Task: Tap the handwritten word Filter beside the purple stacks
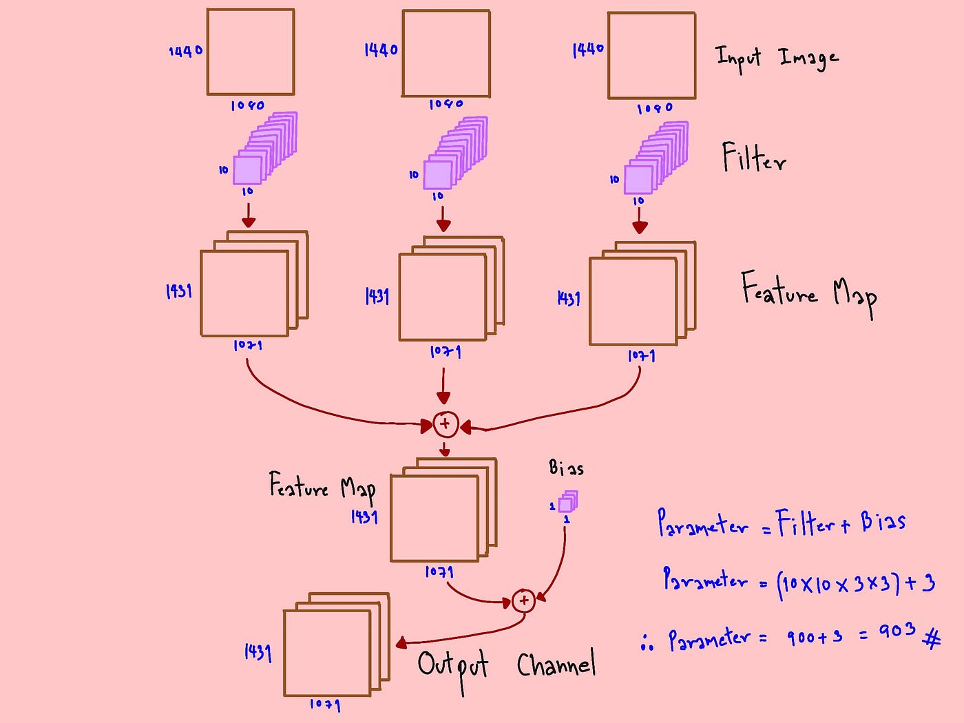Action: click(x=753, y=158)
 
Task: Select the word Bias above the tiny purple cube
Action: click(x=566, y=468)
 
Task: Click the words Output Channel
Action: click(x=506, y=665)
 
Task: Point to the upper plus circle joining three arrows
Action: click(x=445, y=423)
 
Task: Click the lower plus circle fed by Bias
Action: click(x=523, y=600)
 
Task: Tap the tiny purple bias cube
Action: click(x=566, y=503)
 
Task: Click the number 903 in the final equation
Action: click(x=897, y=631)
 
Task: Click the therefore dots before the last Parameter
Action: click(x=647, y=642)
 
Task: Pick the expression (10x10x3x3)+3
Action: click(x=855, y=584)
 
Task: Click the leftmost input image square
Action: click(x=251, y=52)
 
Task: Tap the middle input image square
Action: click(x=446, y=53)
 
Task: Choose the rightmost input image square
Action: click(x=651, y=56)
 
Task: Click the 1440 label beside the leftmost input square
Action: click(x=185, y=51)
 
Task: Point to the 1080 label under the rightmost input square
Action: click(x=654, y=109)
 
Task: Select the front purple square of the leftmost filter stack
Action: click(x=247, y=170)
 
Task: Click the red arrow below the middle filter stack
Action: click(x=443, y=217)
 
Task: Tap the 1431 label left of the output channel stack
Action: click(x=258, y=651)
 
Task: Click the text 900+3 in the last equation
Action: click(x=814, y=637)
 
